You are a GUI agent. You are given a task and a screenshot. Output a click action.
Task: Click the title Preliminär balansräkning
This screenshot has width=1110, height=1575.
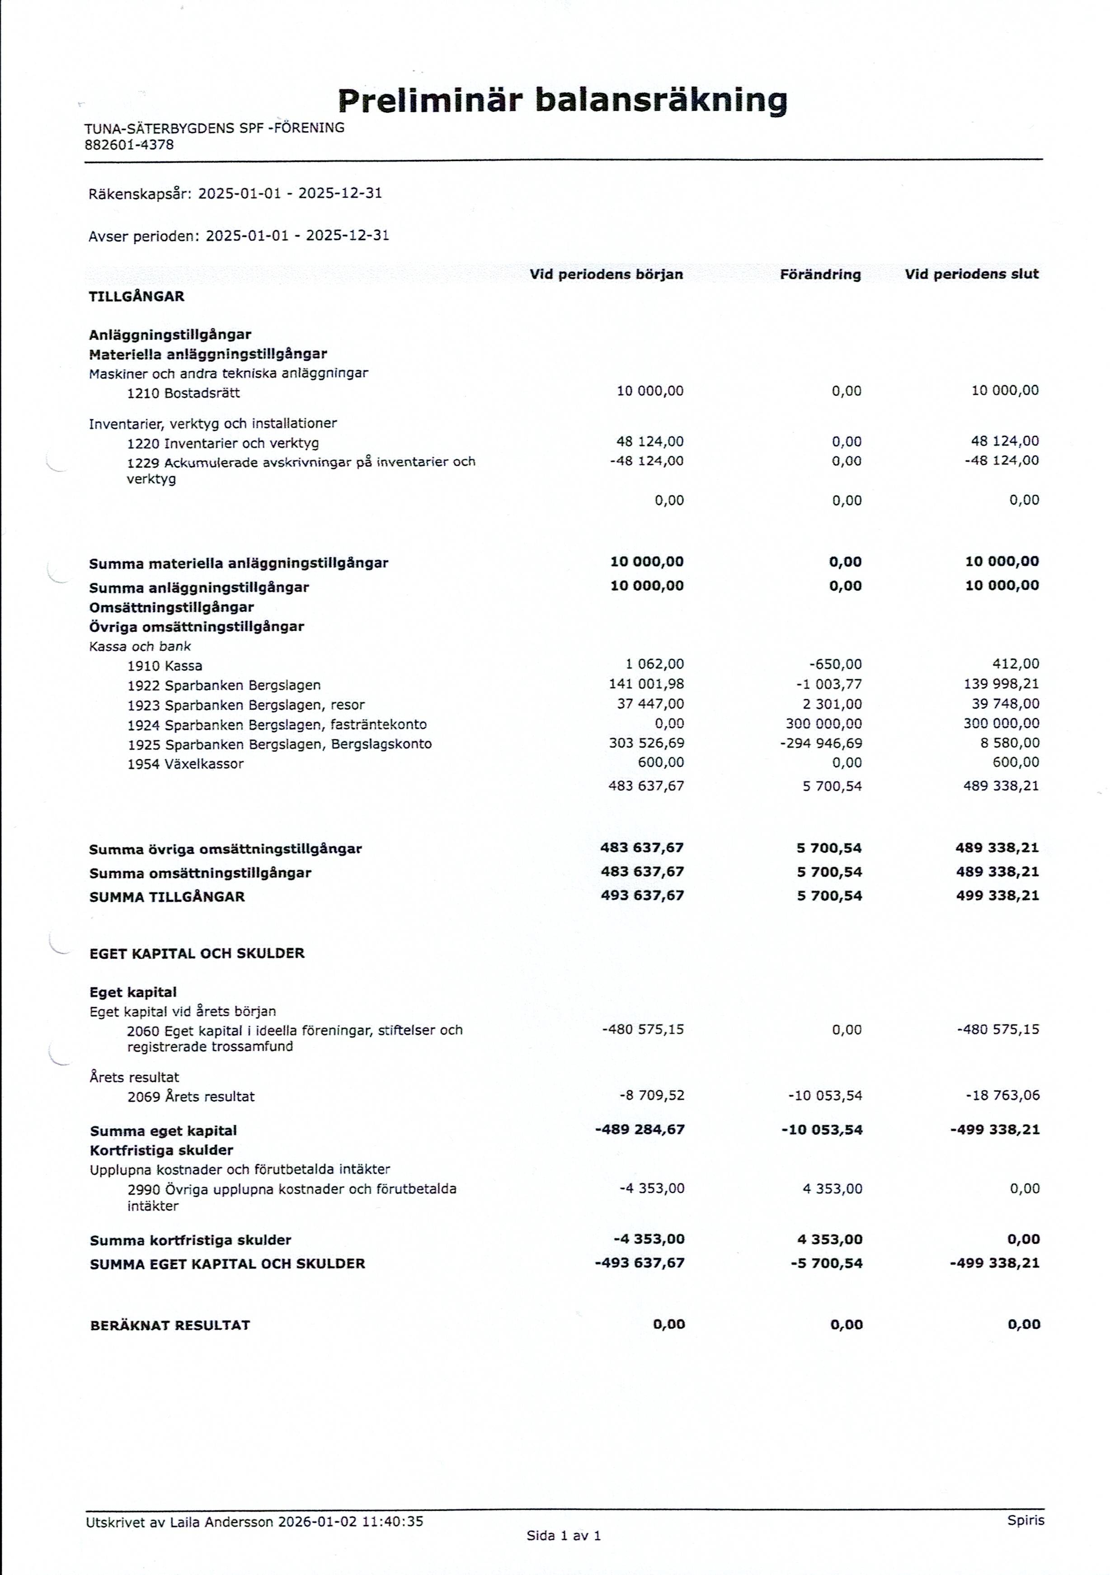click(x=562, y=101)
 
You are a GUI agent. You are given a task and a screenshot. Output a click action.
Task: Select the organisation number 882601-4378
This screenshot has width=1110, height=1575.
click(x=129, y=145)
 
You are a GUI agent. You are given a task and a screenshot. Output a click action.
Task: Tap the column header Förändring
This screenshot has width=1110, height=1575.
click(x=820, y=274)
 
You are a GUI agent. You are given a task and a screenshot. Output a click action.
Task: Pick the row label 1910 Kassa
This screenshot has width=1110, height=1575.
click(x=165, y=665)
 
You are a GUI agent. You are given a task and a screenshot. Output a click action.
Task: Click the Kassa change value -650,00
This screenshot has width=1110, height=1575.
click(x=835, y=664)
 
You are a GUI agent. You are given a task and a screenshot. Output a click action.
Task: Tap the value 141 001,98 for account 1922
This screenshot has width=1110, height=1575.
click(x=646, y=684)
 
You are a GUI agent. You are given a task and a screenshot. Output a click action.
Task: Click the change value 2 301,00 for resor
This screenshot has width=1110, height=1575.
click(x=832, y=704)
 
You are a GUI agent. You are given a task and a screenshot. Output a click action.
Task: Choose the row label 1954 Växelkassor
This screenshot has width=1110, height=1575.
click(x=185, y=763)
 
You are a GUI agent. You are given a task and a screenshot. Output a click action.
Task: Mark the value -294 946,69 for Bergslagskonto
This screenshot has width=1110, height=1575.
click(x=821, y=743)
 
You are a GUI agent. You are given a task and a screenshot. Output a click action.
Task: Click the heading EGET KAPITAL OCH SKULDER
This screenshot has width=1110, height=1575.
click(x=197, y=953)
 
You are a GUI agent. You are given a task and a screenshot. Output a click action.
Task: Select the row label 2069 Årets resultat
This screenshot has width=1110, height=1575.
click(x=191, y=1096)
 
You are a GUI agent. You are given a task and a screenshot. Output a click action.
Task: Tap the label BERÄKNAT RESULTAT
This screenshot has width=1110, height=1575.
click(x=170, y=1324)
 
